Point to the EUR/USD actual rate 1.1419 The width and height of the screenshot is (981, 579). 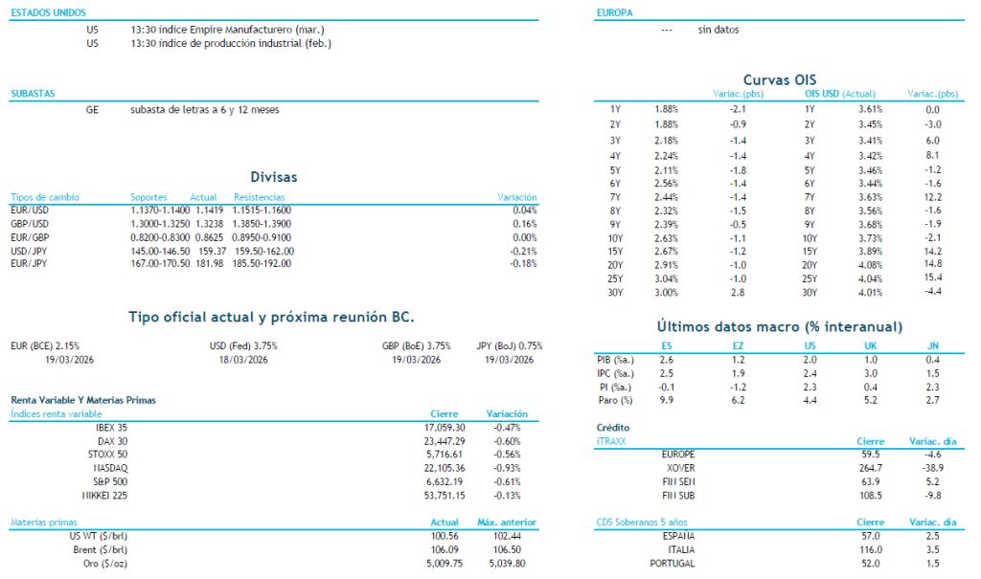(x=208, y=210)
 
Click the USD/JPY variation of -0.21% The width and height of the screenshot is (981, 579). (x=523, y=251)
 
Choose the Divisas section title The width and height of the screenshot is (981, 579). (x=273, y=177)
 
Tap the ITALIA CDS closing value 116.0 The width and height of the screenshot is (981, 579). (x=870, y=550)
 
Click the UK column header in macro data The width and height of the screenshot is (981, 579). (x=870, y=345)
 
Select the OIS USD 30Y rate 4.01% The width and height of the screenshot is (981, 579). (x=870, y=292)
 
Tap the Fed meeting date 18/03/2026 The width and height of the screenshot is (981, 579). (x=243, y=359)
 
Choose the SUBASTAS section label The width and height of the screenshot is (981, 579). (x=32, y=93)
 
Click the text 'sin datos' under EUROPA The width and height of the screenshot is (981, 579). (x=719, y=30)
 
